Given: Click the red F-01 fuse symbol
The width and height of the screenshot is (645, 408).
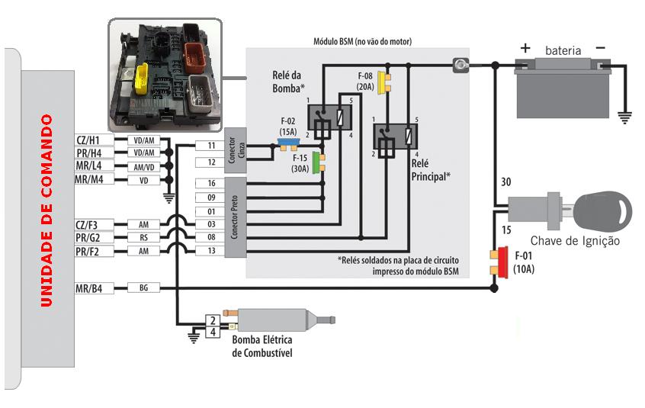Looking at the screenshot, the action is point(500,262).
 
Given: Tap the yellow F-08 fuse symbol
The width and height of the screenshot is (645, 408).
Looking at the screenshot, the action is point(386,82).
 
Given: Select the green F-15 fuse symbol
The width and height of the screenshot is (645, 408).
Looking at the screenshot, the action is point(319,162).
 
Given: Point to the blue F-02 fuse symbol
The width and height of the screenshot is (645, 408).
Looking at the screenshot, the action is point(288,144).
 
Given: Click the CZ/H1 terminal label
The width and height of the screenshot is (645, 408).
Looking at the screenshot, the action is point(95,140).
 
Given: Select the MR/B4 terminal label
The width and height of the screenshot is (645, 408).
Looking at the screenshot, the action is point(95,288).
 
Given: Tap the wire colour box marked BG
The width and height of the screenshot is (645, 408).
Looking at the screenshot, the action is point(143,288).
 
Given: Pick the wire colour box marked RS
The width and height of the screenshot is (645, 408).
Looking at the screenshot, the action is point(143,237).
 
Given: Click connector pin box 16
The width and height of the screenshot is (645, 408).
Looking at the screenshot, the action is point(211,183).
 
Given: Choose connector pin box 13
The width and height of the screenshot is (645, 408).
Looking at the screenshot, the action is point(211,250).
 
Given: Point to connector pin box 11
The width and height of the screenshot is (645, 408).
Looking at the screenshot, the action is point(211,145).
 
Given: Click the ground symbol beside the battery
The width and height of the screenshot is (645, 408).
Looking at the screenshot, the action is point(625,118).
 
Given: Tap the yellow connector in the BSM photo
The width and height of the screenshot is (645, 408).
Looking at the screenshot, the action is point(141,79).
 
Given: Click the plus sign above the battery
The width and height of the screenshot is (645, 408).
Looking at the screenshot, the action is point(525,48).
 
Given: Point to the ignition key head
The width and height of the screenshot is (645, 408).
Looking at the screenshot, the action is point(602,211).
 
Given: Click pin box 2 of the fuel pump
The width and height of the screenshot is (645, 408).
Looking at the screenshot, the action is point(213,320).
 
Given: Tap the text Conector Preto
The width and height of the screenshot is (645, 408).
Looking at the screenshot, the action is point(235,217).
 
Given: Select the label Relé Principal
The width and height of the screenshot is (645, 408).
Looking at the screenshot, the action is point(431,170).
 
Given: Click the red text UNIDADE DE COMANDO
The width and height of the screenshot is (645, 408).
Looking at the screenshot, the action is point(47,210).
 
